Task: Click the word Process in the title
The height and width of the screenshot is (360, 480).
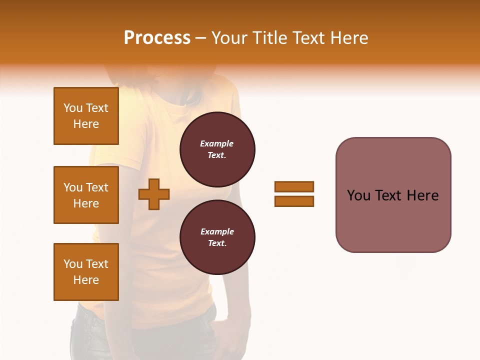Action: [x=157, y=38]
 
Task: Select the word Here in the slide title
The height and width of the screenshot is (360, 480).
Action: [x=347, y=38]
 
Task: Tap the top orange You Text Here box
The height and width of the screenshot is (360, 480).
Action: [x=86, y=116]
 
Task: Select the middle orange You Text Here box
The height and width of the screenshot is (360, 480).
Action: [x=86, y=195]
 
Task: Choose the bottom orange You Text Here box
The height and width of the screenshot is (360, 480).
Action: [x=86, y=272]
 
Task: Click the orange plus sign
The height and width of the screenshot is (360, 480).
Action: [x=154, y=194]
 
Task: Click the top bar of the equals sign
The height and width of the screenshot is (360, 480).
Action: [x=294, y=187]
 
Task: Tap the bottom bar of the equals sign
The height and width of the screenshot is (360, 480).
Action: [x=294, y=201]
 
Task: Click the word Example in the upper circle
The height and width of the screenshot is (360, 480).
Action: [x=216, y=143]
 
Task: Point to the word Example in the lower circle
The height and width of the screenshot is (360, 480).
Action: [x=217, y=231]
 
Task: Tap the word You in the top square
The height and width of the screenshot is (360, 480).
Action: [x=73, y=108]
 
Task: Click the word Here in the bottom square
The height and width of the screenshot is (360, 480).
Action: [x=86, y=280]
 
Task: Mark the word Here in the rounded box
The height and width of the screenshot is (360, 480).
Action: [x=423, y=195]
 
